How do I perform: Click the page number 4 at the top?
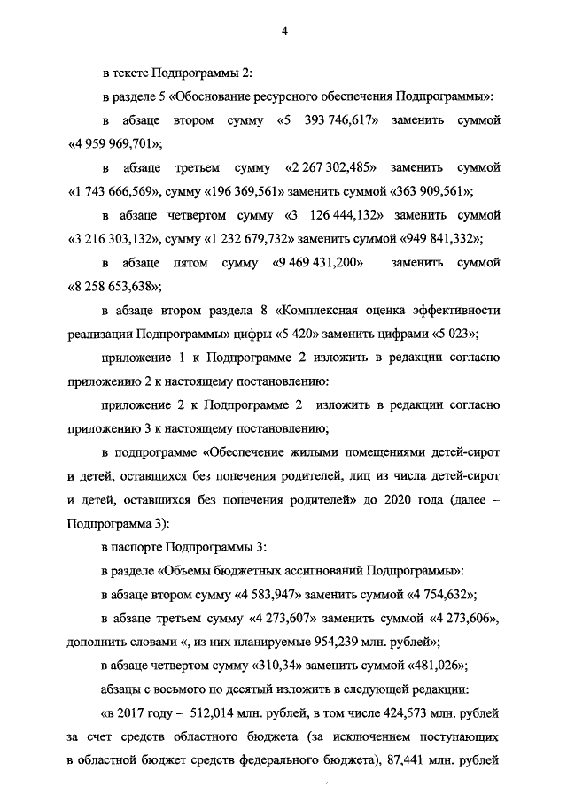[284, 31]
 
